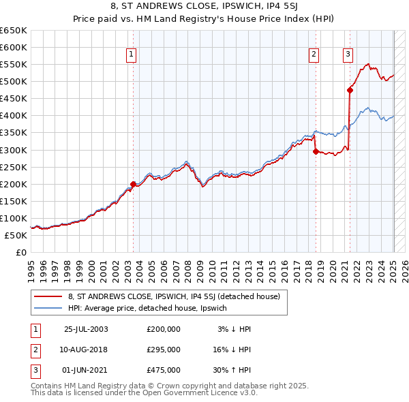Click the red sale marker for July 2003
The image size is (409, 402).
(134, 183)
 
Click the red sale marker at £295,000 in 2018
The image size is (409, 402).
(316, 151)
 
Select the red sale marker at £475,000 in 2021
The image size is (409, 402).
(350, 89)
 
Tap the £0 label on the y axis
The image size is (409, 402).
(21, 252)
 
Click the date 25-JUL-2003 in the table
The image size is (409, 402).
(85, 329)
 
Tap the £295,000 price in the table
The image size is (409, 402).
(164, 350)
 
